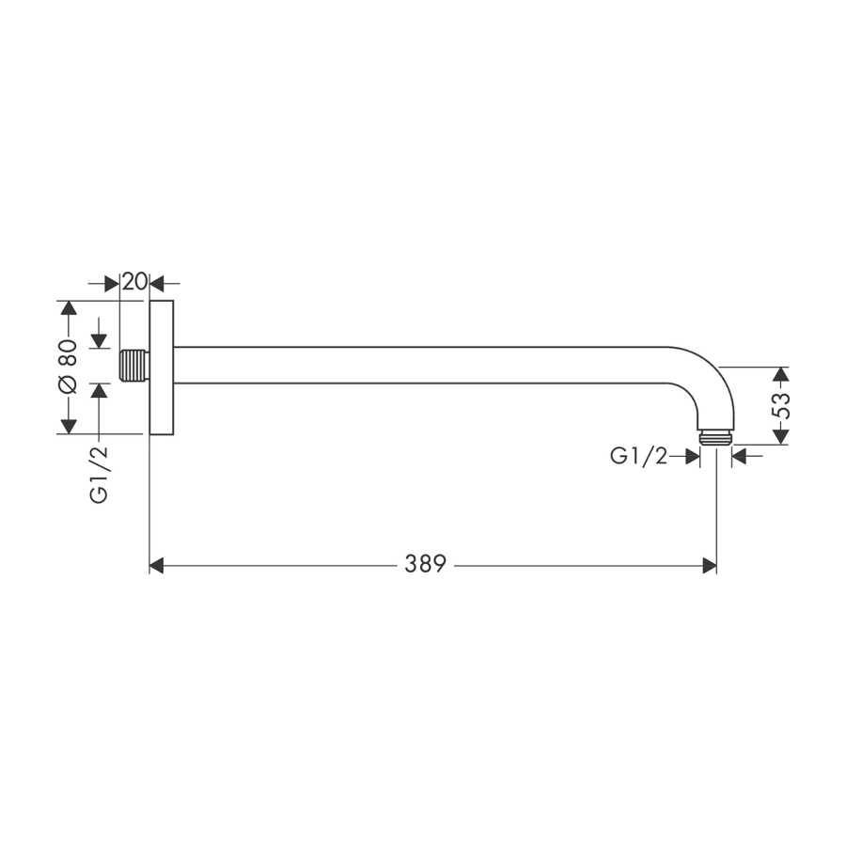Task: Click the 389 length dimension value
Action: pos(425,564)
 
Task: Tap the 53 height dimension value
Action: pos(781,406)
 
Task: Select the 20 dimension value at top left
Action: pos(134,282)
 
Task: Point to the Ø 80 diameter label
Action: pos(69,367)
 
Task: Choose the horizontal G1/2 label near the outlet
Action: pos(639,457)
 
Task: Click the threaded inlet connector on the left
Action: pos(134,366)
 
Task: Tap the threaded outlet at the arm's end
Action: pos(716,437)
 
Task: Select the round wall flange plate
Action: pos(162,368)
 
